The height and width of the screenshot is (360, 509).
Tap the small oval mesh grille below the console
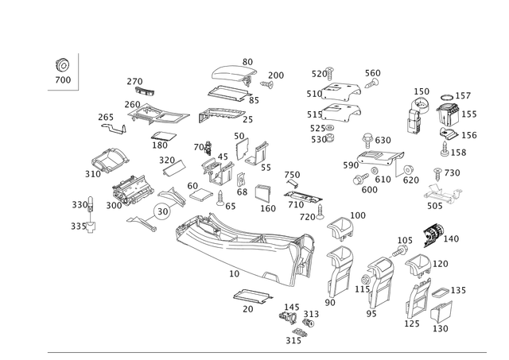(x=251, y=298)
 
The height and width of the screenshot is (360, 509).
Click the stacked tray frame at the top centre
(x=234, y=79)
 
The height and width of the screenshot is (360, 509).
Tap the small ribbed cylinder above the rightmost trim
(x=433, y=233)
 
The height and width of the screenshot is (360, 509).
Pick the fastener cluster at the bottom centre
(x=294, y=322)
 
